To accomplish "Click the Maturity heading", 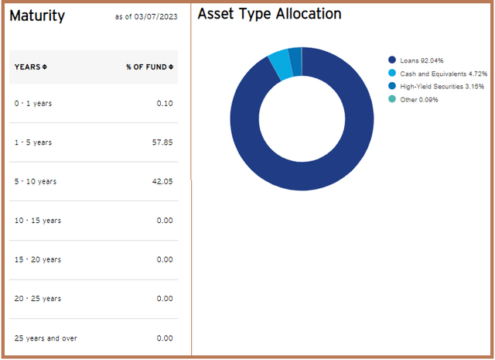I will coord(37,15).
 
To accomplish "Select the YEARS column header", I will coord(30,67).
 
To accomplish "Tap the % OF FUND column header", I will coord(149,67).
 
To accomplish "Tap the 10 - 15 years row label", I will coord(39,221).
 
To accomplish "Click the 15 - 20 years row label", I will coord(39,259).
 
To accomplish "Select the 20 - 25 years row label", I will coord(39,299).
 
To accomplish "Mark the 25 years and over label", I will coord(46,338).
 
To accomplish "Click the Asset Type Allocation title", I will coord(269,14).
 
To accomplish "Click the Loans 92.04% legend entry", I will coord(419,60).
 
